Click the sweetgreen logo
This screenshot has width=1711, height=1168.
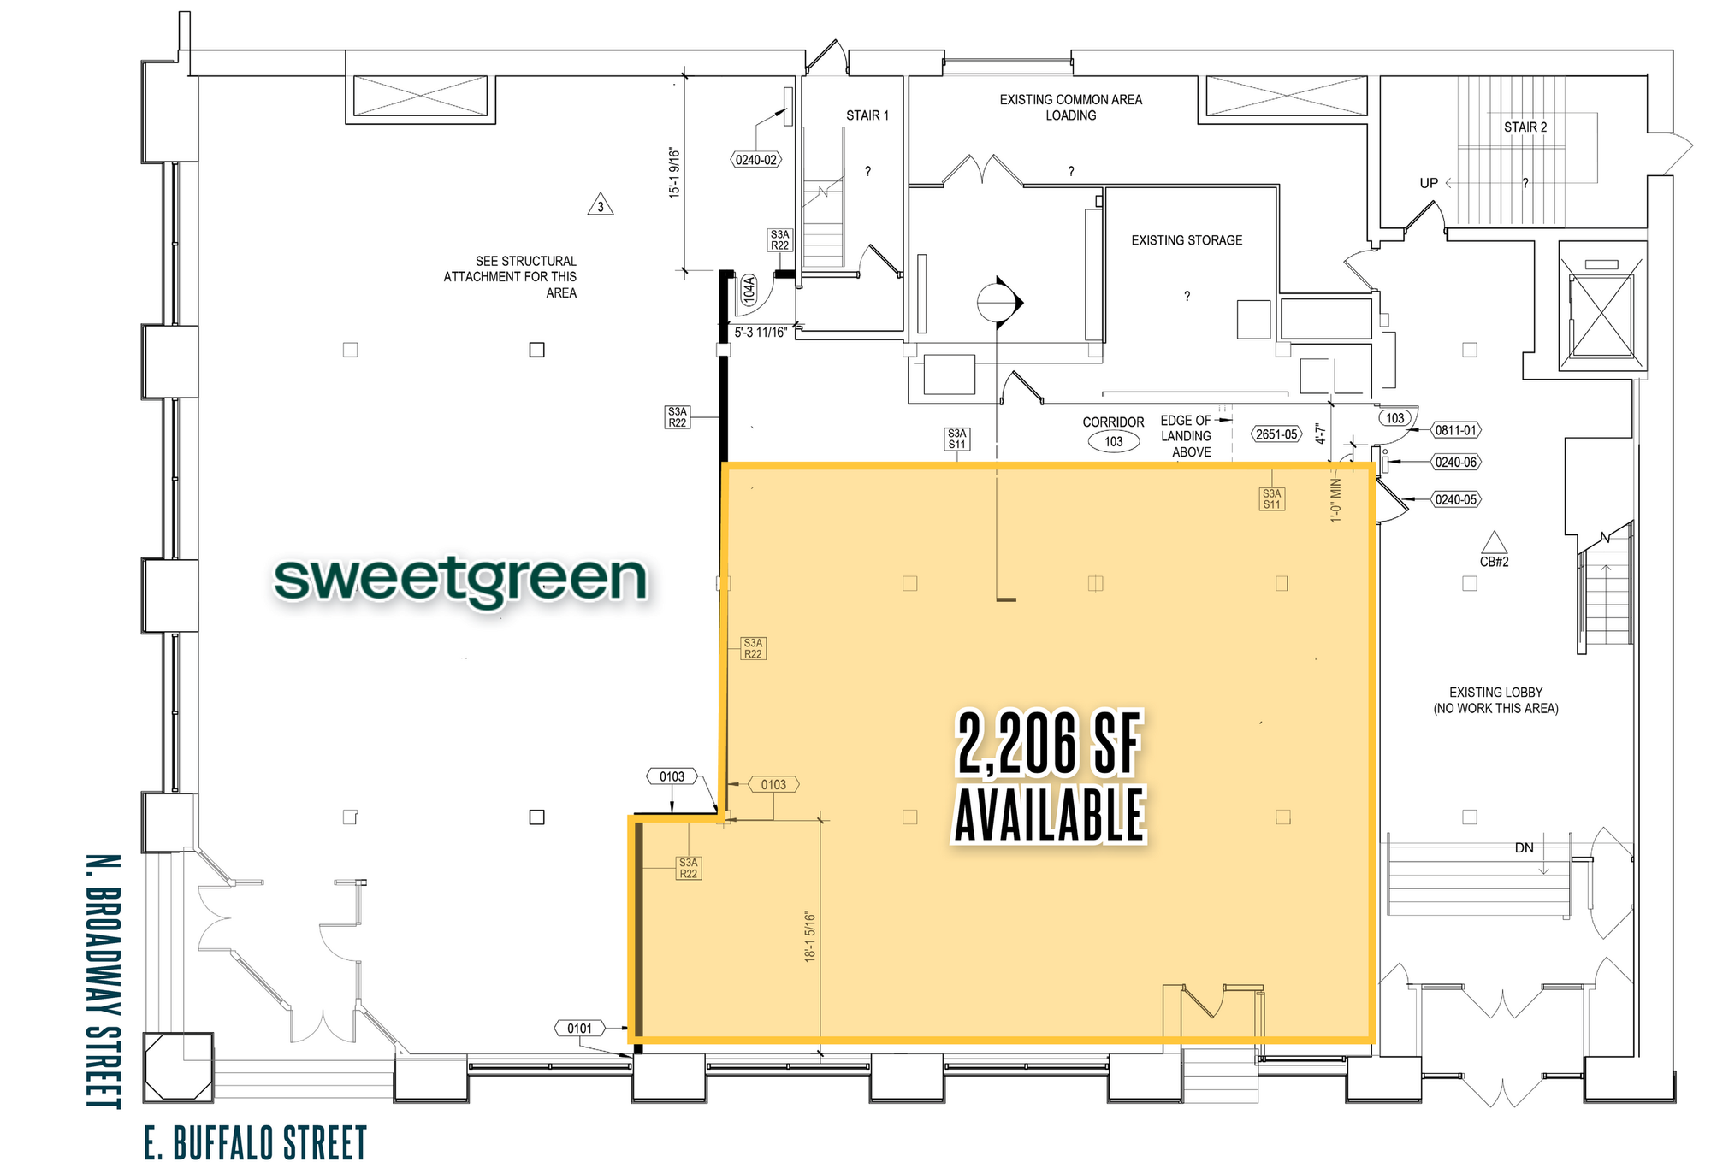click(460, 581)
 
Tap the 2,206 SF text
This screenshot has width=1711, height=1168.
click(1049, 743)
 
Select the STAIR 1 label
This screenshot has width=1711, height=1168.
click(867, 115)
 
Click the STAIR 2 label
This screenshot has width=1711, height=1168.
click(1525, 127)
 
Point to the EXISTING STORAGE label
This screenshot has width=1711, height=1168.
click(1187, 240)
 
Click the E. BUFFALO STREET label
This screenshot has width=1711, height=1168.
click(255, 1143)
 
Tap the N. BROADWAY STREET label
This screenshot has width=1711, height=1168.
click(104, 981)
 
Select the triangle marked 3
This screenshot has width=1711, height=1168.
click(601, 204)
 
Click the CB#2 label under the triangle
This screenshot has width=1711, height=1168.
click(1494, 562)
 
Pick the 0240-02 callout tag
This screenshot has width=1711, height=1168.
click(756, 160)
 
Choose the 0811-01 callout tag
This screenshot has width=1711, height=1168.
click(1456, 430)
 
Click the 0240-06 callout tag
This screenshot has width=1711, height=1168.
click(1456, 462)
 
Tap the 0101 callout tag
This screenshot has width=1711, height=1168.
click(579, 1028)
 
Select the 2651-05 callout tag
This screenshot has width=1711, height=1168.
click(1276, 434)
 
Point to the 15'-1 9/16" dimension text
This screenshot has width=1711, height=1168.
click(675, 173)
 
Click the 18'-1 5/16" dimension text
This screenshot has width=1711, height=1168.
click(810, 936)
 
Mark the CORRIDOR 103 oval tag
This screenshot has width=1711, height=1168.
click(1113, 441)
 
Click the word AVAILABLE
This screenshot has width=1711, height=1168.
click(1050, 815)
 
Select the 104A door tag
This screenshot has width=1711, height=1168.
click(749, 290)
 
